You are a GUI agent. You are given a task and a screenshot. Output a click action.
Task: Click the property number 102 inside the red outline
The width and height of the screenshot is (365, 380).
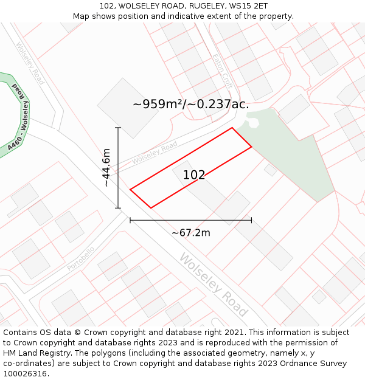click(194, 175)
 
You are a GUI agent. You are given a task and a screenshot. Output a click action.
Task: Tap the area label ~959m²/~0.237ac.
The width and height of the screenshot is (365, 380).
click(190, 104)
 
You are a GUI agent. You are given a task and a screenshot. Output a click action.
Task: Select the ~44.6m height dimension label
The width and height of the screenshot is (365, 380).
click(106, 167)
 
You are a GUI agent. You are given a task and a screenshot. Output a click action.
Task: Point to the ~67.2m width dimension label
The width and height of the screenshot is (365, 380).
click(190, 233)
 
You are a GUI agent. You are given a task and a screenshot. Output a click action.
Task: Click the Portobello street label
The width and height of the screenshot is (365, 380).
click(81, 259)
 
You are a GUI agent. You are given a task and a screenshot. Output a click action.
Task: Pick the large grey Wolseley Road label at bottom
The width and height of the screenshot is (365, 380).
click(213, 285)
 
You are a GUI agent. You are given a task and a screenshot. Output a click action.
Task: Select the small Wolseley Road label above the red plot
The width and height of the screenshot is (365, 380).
click(155, 152)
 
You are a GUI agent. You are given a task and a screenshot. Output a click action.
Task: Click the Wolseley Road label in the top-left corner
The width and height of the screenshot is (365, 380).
click(30, 63)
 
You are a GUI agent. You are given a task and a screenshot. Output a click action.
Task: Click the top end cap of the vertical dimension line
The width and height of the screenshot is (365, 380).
click(118, 128)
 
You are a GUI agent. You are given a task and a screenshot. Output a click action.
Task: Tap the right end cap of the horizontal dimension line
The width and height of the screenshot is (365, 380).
click(251, 220)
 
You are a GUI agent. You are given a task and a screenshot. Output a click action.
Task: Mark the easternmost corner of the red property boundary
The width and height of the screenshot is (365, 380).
click(251, 147)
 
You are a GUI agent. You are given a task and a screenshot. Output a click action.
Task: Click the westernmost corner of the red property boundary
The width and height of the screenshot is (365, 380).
click(130, 190)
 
